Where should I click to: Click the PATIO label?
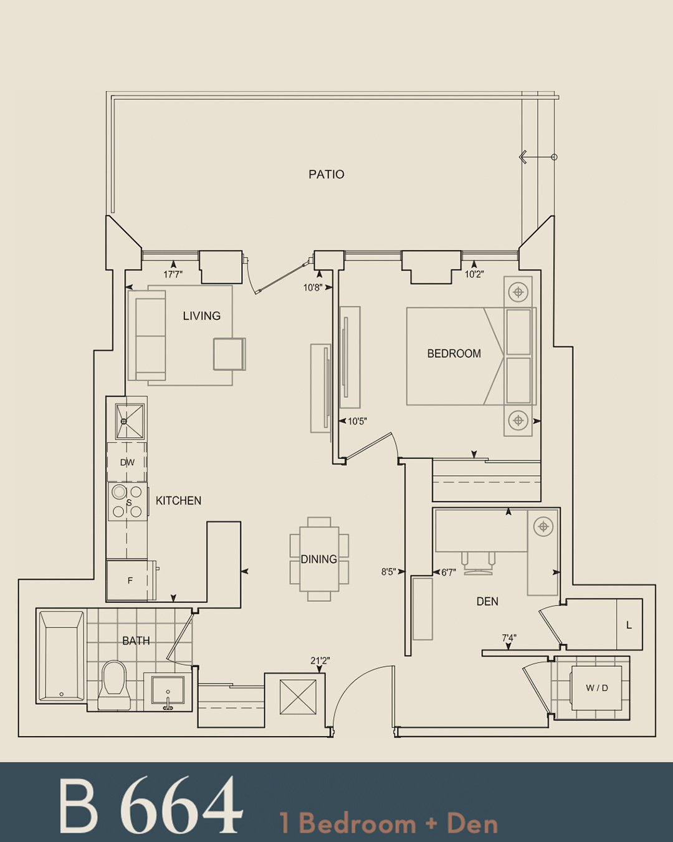click(326, 175)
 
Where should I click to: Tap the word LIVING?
click(202, 316)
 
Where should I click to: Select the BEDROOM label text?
click(454, 354)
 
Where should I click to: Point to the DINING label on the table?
click(318, 559)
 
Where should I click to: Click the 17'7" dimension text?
click(173, 274)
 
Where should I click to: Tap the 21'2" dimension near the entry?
click(320, 661)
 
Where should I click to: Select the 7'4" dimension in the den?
click(509, 638)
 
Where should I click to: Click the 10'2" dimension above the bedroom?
click(474, 274)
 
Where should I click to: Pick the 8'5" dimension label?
click(389, 572)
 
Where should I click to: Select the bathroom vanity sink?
click(168, 692)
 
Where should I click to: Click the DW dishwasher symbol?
click(127, 462)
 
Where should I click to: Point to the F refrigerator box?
click(130, 581)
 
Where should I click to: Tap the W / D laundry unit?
click(596, 688)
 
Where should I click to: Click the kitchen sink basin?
click(130, 422)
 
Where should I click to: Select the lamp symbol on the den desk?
click(543, 526)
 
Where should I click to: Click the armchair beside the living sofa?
click(229, 354)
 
